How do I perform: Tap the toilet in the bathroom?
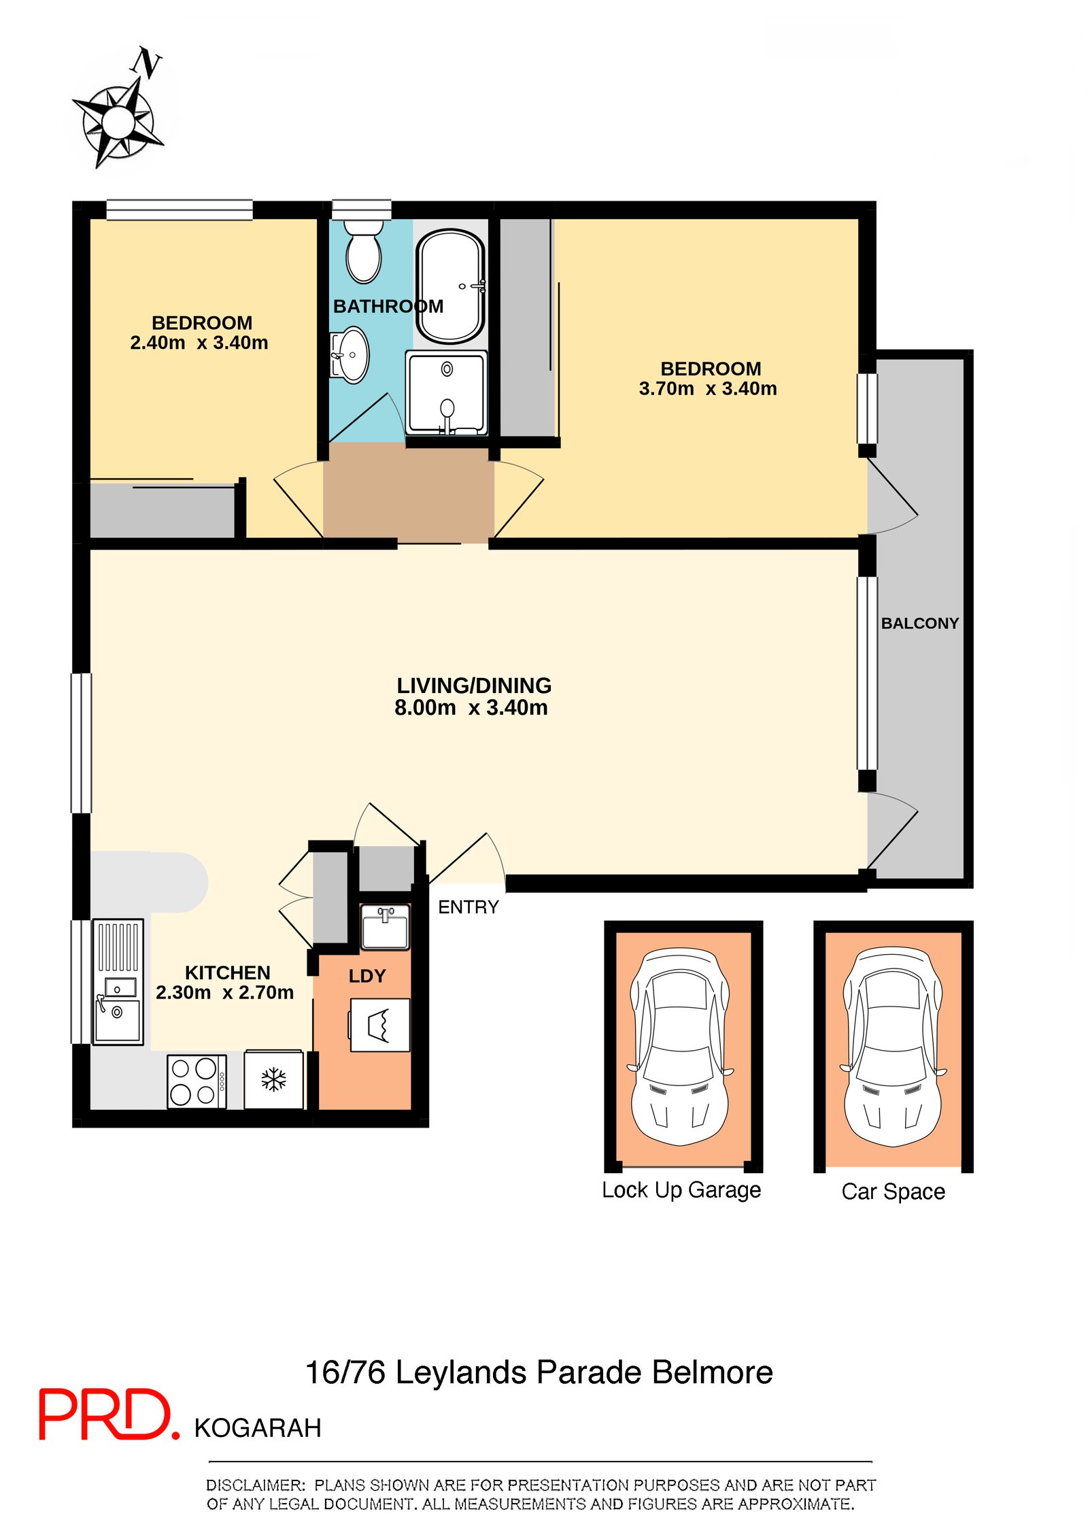pos(363,249)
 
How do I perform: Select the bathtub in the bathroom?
pos(450,286)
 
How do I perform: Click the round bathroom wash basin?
pos(352,354)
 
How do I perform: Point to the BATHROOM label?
pos(388,307)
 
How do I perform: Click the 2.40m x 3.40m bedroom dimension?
pos(199,343)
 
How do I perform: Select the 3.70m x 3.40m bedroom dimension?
pos(708,388)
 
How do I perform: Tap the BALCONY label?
pos(919,623)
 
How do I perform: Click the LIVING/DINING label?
pos(474,686)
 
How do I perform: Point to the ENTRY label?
pos(468,907)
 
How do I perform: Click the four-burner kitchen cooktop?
pos(197,1081)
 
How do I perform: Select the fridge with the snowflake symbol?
pos(273,1079)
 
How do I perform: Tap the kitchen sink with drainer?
pos(118,982)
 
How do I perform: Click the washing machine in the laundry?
pos(379,1025)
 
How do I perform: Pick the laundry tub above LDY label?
pos(385,927)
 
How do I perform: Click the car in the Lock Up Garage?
pos(681,1048)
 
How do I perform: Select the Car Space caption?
pos(893,1191)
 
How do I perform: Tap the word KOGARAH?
pos(258,1428)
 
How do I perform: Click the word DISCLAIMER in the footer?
pos(255,1485)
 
